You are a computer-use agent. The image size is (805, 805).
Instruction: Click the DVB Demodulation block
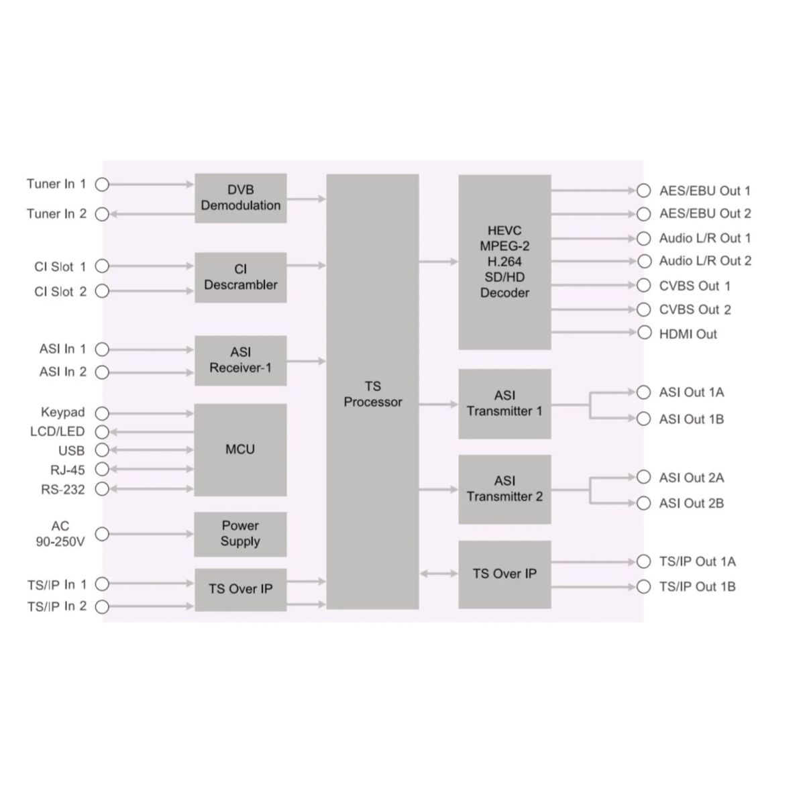click(x=240, y=198)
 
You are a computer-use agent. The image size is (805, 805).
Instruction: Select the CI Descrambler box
click(x=240, y=277)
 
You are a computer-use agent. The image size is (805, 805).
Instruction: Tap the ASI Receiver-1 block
click(x=240, y=360)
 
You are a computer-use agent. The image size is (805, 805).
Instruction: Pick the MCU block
click(x=240, y=449)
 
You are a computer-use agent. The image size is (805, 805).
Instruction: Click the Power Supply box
click(x=240, y=534)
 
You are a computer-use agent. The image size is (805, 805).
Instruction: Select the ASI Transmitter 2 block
click(x=504, y=489)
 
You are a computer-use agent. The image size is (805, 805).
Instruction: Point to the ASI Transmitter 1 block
click(x=504, y=404)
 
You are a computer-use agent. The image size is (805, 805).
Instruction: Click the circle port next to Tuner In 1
click(x=102, y=184)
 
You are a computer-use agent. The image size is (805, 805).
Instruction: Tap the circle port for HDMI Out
click(x=644, y=333)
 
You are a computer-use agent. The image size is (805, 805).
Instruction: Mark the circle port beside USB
click(x=102, y=449)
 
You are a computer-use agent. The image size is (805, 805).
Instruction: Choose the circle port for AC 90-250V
click(x=102, y=534)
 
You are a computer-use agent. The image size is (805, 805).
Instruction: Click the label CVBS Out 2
click(x=695, y=310)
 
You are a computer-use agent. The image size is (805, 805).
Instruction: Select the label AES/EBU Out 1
click(x=704, y=191)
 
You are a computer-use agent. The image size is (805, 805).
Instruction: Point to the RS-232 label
click(x=63, y=490)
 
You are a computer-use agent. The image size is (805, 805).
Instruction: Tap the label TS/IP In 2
click(x=57, y=606)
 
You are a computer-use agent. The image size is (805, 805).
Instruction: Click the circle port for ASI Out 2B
click(x=644, y=503)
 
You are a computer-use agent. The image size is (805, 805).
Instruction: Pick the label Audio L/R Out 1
click(x=704, y=238)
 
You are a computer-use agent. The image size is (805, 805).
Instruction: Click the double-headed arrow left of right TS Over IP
click(x=439, y=574)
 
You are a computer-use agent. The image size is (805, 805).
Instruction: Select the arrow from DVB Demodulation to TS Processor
click(x=306, y=199)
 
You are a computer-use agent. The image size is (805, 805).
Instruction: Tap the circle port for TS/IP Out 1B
click(x=644, y=587)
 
